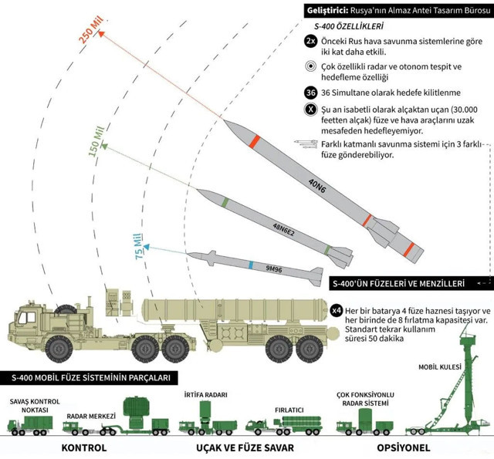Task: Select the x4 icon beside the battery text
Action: pyautogui.click(x=336, y=310)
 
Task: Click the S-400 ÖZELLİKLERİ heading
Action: pyautogui.click(x=332, y=26)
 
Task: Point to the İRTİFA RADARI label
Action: pyautogui.click(x=204, y=395)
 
